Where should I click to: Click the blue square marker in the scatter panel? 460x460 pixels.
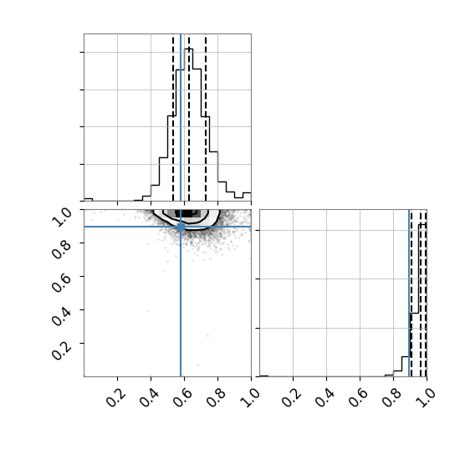[181, 227]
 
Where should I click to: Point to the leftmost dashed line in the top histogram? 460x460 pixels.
[173, 117]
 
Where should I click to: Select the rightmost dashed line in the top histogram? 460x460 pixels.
[206, 117]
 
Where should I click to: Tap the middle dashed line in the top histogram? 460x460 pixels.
[189, 117]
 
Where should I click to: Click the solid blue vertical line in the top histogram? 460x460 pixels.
[181, 117]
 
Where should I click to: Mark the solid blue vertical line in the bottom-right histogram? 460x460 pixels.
[409, 293]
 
